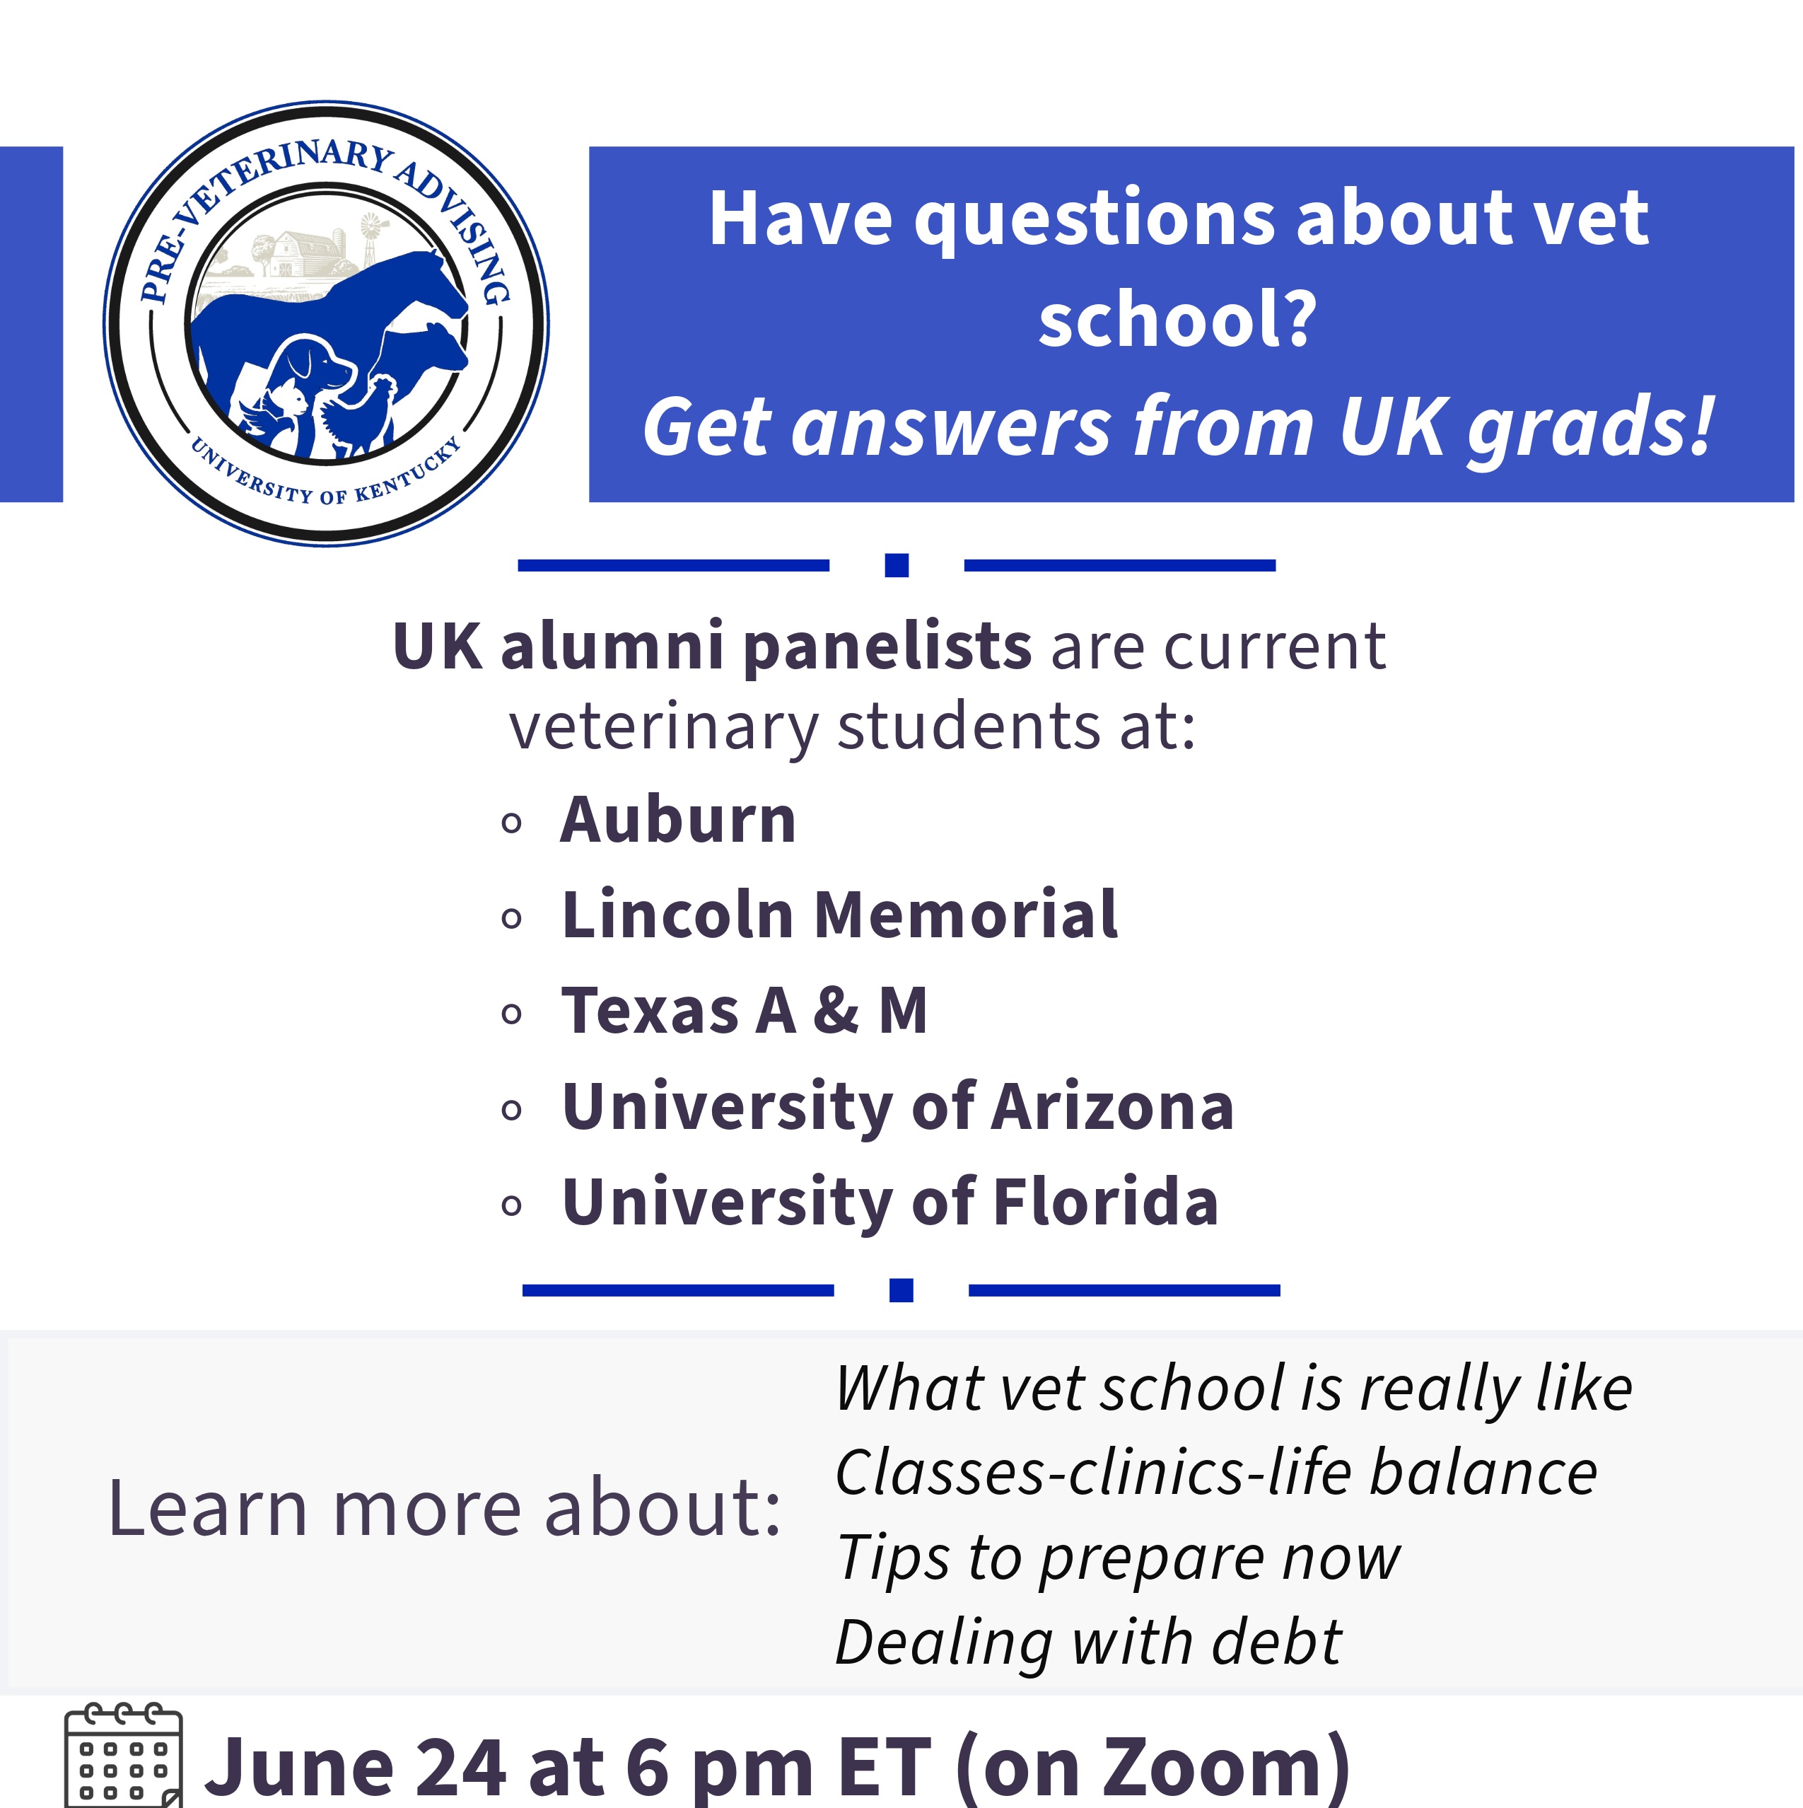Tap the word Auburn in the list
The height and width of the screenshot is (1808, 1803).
677,820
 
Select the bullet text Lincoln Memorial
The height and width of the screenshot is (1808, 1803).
839,915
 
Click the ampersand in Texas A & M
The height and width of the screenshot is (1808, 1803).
836,1011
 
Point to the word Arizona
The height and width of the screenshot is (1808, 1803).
1112,1107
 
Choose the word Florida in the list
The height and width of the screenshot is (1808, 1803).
1105,1203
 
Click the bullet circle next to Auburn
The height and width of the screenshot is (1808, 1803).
511,823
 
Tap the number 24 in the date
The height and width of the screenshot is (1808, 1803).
460,1768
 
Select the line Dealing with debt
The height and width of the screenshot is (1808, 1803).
1088,1643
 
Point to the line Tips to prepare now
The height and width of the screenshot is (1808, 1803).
1118,1559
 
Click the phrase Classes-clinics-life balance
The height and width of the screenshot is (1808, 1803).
1216,1473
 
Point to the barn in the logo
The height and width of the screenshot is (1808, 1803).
304,253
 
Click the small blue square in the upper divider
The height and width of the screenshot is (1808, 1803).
897,565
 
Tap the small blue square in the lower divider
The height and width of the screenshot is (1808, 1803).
901,1290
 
